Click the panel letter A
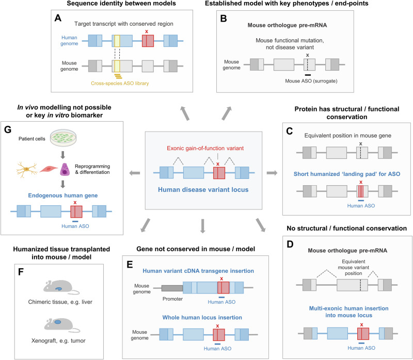[x=58, y=18]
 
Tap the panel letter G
[x=8, y=129]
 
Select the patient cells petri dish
[x=63, y=137]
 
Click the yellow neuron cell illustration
[x=26, y=170]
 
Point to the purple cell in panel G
[x=65, y=170]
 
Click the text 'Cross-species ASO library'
[x=120, y=83]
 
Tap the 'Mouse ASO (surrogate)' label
[x=311, y=81]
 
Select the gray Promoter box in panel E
[x=172, y=288]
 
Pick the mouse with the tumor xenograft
[x=61, y=325]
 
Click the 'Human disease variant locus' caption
[x=203, y=189]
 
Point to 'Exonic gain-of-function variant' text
[x=205, y=148]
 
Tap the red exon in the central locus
[x=219, y=173]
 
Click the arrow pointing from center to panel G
[x=135, y=173]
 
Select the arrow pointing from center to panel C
[x=272, y=173]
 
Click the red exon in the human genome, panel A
[x=148, y=41]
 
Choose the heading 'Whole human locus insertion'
[x=202, y=317]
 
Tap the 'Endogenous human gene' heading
[x=63, y=195]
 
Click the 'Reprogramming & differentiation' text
[x=92, y=169]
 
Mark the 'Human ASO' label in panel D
[x=361, y=348]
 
